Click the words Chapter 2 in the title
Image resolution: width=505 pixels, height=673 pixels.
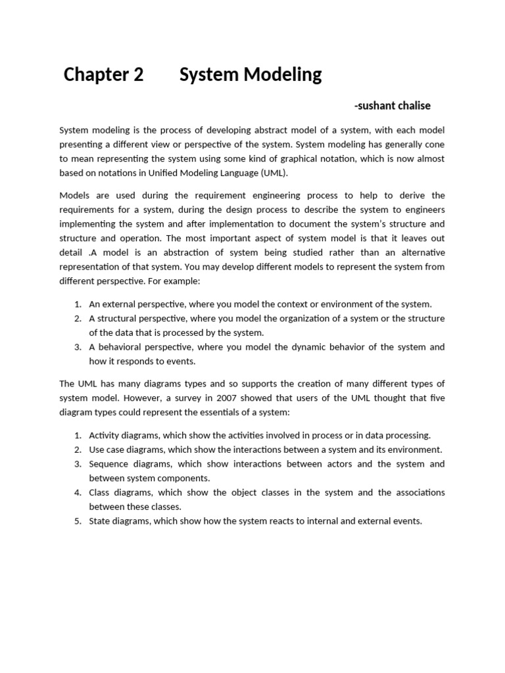(x=103, y=75)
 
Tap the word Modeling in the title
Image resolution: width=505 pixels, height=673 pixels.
(x=283, y=75)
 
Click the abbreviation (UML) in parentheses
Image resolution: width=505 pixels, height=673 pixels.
(x=274, y=173)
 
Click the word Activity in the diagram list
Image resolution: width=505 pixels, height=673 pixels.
(x=105, y=435)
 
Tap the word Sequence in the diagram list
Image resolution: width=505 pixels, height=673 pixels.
(x=109, y=464)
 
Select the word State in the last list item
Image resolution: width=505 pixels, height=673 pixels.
(x=100, y=521)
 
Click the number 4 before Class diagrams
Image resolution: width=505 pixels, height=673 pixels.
(x=77, y=492)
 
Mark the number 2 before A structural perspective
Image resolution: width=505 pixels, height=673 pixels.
(x=77, y=318)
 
